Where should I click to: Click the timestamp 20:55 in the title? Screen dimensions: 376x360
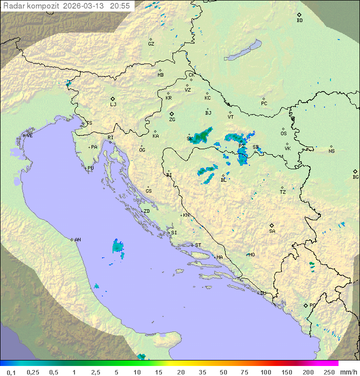coord(119,6)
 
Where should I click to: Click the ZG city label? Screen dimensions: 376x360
coord(172,120)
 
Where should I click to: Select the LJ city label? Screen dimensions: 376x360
coord(113,105)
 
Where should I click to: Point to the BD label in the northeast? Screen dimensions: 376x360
coord(299,21)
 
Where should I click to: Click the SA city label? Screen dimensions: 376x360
coord(272,231)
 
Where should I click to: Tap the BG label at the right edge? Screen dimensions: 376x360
coord(355,177)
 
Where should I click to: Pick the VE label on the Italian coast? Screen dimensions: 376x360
coord(29,136)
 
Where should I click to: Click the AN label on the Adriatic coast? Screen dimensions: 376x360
coord(77,240)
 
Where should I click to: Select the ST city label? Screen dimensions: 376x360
coord(198,245)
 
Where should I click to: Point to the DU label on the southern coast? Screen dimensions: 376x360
coord(262,293)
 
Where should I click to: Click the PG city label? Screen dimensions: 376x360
coord(312,305)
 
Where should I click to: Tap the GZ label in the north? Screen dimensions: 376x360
coord(151,44)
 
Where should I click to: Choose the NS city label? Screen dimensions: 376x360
coord(331,151)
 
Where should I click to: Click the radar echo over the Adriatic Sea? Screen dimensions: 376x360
coord(118,246)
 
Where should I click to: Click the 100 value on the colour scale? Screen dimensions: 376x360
coord(265,372)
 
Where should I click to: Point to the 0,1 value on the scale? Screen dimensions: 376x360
coord(11,372)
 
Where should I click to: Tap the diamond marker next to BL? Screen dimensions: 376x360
coord(222,175)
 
